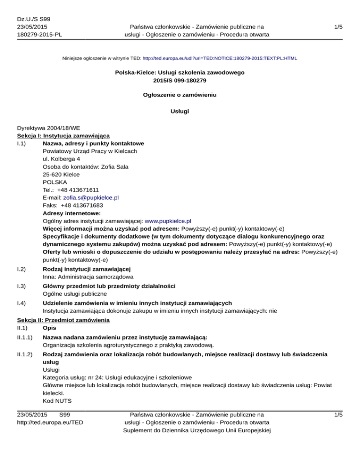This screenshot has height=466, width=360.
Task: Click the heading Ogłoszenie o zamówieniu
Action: click(x=180, y=94)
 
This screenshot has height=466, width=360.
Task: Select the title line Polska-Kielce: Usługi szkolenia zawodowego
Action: click(x=180, y=73)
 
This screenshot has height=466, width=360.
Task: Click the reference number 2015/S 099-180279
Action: click(x=180, y=81)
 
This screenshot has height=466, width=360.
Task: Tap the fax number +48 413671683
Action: click(x=82, y=205)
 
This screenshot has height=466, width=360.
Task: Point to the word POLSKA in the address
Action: click(x=54, y=182)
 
